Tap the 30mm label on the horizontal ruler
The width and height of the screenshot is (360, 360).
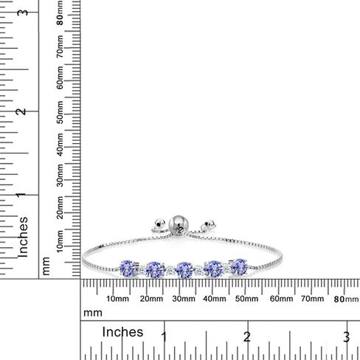[185, 299]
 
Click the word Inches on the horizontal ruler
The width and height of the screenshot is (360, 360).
[122, 331]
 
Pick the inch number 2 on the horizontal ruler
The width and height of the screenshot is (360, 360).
[247, 336]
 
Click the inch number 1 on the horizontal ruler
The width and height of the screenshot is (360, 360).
[164, 336]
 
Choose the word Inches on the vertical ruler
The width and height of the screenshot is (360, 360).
[24, 235]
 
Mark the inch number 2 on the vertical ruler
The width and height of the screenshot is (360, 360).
[23, 111]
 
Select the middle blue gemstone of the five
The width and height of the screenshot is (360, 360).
[184, 268]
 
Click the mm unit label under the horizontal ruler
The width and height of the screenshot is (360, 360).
[92, 313]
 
